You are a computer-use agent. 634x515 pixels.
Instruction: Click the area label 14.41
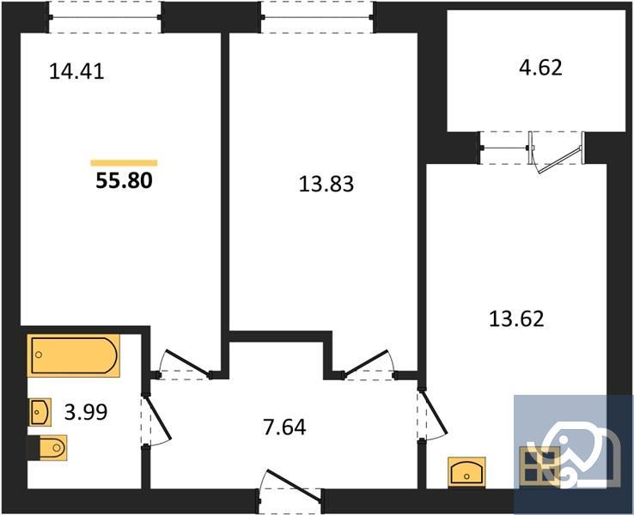coord(76,72)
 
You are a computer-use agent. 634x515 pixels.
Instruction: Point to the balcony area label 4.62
coord(538,67)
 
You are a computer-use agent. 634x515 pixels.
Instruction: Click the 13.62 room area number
coord(516,320)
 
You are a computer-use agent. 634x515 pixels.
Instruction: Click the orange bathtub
coord(73,355)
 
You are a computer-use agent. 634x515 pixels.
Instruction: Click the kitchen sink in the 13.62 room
coord(469,471)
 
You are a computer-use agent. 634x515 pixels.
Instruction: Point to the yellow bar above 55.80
coord(124,162)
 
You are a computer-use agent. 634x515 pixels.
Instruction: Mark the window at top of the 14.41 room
coord(105,16)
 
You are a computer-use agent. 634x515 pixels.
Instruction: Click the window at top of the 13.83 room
coord(317,16)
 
